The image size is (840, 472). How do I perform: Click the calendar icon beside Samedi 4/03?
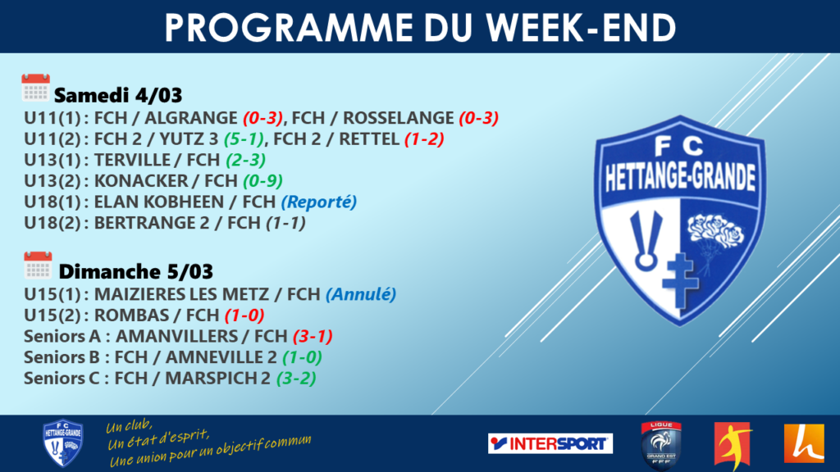tap(35, 88)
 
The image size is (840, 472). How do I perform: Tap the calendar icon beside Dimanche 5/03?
tap(38, 265)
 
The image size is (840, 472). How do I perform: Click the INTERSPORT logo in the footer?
tap(550, 443)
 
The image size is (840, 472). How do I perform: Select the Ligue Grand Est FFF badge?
tap(661, 445)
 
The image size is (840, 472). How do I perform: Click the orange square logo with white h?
tap(804, 443)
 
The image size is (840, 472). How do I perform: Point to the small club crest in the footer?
tap(62, 442)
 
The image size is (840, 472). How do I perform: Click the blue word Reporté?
tap(319, 202)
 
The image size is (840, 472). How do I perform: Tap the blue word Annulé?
tap(361, 294)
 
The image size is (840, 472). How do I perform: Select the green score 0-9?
tap(262, 181)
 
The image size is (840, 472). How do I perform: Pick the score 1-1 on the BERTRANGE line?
tap(286, 223)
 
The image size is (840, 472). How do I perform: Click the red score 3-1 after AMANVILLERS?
tap(313, 336)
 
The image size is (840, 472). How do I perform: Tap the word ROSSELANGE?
tap(399, 118)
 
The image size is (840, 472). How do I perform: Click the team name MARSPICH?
tap(212, 379)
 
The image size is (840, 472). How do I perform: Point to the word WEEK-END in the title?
tap(582, 27)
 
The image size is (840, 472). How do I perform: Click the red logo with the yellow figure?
tap(733, 445)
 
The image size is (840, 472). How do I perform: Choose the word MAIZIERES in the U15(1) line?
tap(138, 294)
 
